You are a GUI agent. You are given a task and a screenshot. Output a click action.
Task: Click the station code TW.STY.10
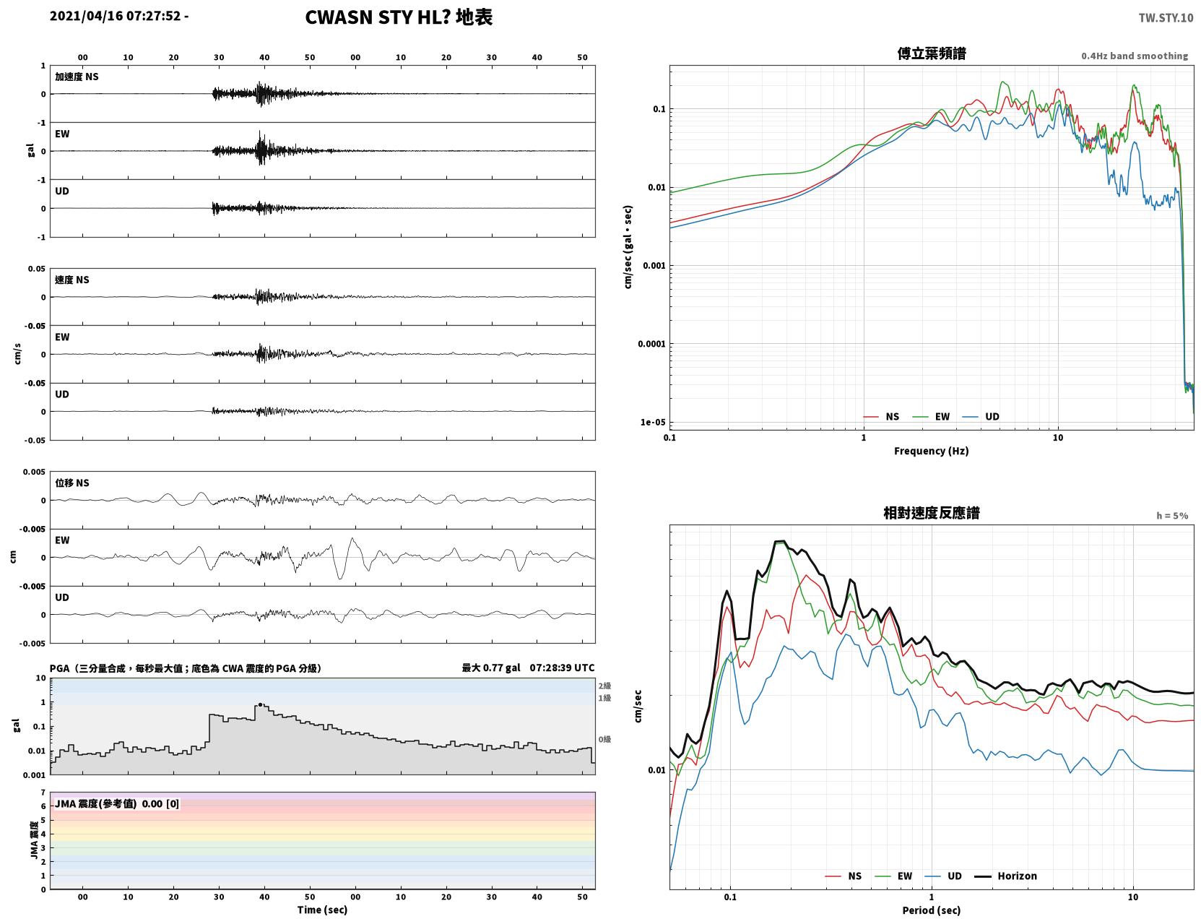click(x=1166, y=18)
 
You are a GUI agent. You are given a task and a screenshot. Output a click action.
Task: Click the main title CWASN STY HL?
click(x=378, y=17)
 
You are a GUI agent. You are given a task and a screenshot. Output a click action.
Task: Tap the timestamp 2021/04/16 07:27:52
click(x=116, y=16)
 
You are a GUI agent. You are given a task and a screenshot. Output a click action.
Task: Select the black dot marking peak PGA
click(x=260, y=704)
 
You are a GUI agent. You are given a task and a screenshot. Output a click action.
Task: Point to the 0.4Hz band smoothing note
click(x=1134, y=56)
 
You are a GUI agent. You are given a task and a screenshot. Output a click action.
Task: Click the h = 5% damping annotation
click(x=1171, y=516)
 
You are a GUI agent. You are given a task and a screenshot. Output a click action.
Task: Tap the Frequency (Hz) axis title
click(x=932, y=451)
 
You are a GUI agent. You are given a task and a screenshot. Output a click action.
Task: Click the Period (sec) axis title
click(x=932, y=910)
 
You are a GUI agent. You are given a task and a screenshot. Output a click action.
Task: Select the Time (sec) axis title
click(x=322, y=910)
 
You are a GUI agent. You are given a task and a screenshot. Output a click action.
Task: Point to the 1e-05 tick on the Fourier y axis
click(x=653, y=422)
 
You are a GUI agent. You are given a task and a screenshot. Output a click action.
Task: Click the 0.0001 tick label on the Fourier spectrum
click(x=651, y=344)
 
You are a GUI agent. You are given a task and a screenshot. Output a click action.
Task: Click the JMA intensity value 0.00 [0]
click(x=160, y=803)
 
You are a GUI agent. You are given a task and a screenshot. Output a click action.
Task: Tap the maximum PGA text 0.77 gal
click(x=501, y=668)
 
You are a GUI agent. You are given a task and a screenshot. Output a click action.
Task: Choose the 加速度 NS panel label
click(x=77, y=77)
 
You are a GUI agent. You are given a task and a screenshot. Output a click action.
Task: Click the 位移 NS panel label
click(x=71, y=483)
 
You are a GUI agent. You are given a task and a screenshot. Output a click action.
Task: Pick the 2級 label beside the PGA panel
click(x=604, y=686)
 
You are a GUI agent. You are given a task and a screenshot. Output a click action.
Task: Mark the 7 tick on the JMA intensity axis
click(x=43, y=793)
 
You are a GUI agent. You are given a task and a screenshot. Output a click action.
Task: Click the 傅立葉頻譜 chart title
click(x=932, y=53)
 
